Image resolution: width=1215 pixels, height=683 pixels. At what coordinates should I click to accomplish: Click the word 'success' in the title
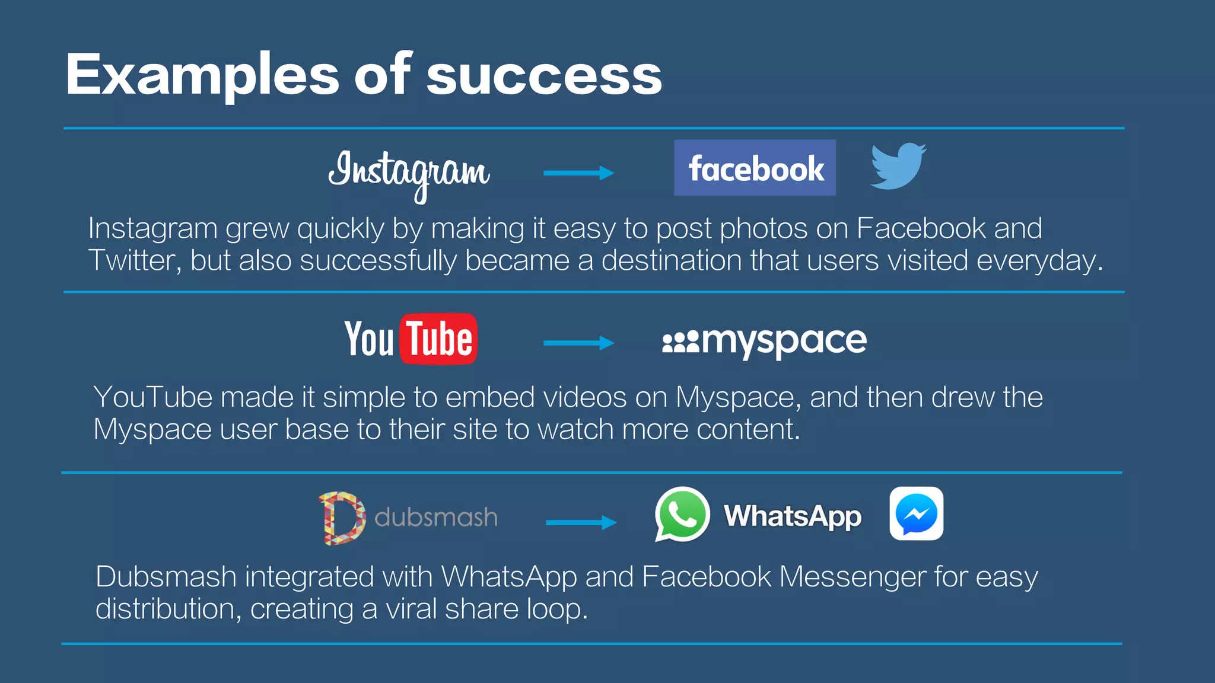pyautogui.click(x=543, y=76)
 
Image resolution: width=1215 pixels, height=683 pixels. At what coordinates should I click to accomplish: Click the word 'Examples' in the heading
pyautogui.click(x=202, y=76)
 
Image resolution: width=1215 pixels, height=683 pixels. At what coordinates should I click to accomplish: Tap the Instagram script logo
pyautogui.click(x=409, y=172)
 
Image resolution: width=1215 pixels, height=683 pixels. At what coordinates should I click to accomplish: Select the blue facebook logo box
pyautogui.click(x=755, y=168)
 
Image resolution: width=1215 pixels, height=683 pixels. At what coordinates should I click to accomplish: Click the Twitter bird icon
pyautogui.click(x=898, y=166)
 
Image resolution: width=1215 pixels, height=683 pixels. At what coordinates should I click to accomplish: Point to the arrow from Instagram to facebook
pyautogui.click(x=578, y=173)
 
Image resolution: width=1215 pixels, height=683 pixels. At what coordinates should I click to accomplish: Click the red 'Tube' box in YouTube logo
pyautogui.click(x=438, y=339)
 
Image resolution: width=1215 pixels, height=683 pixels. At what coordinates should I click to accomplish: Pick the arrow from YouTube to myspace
pyautogui.click(x=578, y=343)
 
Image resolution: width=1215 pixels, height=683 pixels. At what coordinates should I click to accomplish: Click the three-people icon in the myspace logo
pyautogui.click(x=680, y=343)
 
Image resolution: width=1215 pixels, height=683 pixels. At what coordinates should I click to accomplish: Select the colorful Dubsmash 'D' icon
pyautogui.click(x=342, y=518)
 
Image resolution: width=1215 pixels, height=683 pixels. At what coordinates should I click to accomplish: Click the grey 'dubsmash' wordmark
pyautogui.click(x=436, y=518)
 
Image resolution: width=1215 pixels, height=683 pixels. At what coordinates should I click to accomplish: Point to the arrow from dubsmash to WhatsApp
pyautogui.click(x=581, y=522)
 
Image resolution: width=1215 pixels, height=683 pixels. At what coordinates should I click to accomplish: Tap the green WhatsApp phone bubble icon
pyautogui.click(x=682, y=514)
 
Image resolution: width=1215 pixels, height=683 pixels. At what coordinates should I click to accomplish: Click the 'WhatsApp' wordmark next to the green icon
pyautogui.click(x=793, y=516)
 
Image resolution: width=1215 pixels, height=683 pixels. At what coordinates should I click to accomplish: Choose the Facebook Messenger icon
pyautogui.click(x=916, y=513)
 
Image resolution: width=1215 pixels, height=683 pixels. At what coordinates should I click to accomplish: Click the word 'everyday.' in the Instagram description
pyautogui.click(x=1039, y=261)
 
